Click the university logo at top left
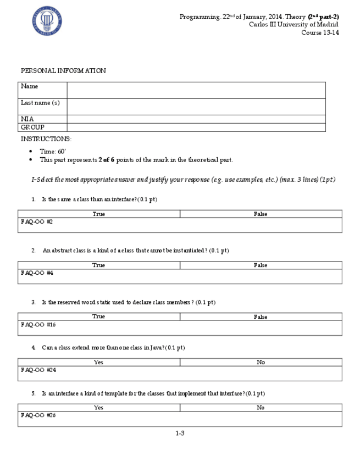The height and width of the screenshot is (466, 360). click(x=47, y=21)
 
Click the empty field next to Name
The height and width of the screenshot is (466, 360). click(x=196, y=90)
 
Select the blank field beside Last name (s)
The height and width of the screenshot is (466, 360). click(x=196, y=107)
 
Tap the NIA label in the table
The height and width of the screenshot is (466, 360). click(x=27, y=119)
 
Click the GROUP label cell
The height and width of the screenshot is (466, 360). click(x=32, y=127)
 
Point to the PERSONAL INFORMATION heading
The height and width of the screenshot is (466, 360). click(x=63, y=71)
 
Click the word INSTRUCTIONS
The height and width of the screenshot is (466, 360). click(x=46, y=140)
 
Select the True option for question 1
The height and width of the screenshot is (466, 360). click(x=99, y=214)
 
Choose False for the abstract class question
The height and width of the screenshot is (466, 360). click(x=261, y=265)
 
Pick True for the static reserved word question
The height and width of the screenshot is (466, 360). click(x=99, y=317)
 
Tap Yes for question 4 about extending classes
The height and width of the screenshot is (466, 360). click(x=99, y=362)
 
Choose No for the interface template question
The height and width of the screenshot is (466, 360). click(x=261, y=408)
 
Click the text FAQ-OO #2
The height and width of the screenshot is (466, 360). click(x=37, y=221)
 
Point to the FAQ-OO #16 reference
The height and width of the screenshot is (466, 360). click(x=38, y=324)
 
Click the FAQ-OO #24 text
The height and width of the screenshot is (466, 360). click(x=38, y=370)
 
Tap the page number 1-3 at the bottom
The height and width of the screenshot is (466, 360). click(x=180, y=433)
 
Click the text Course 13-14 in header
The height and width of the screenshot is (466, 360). click(x=320, y=32)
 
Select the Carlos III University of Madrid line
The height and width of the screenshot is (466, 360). click(x=293, y=24)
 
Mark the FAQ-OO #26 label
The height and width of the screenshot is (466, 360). click(x=38, y=415)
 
